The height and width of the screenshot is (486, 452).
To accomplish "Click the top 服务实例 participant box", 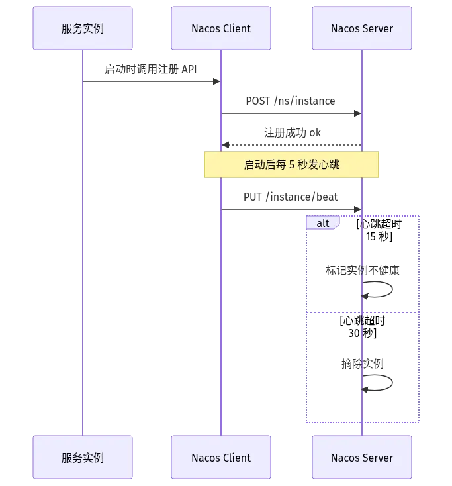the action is click(x=83, y=28).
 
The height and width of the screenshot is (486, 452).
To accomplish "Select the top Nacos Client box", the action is click(x=221, y=28).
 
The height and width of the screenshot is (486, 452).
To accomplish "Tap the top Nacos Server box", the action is click(x=362, y=28).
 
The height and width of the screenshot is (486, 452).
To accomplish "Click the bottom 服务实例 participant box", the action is click(x=83, y=457).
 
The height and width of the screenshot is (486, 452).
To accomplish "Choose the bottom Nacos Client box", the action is click(x=221, y=457).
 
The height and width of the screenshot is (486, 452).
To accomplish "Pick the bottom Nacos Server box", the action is click(x=362, y=457).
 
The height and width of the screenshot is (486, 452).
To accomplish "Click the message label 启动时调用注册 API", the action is click(x=151, y=69).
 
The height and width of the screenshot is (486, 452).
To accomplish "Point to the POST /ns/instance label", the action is click(x=291, y=101).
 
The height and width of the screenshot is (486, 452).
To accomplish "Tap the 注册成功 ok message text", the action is click(x=293, y=133).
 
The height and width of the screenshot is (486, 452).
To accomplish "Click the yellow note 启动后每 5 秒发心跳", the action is click(x=292, y=165).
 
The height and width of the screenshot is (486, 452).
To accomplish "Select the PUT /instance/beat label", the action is click(x=291, y=197).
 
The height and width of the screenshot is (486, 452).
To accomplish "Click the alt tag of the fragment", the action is click(x=323, y=223).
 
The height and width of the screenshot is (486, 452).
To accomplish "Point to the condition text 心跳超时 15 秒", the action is click(x=379, y=230).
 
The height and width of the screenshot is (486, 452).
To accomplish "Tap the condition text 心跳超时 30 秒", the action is click(x=362, y=326).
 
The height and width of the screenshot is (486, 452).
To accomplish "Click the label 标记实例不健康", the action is click(x=363, y=271).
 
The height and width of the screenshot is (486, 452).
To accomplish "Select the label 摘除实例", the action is click(x=363, y=364).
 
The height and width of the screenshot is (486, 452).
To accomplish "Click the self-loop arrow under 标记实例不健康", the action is click(x=392, y=289).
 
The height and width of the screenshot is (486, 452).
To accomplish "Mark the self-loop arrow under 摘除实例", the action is click(x=392, y=383).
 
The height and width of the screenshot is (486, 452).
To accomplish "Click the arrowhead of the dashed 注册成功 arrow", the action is click(x=226, y=145).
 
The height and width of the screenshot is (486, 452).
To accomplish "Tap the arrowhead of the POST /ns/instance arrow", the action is click(x=357, y=113).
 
